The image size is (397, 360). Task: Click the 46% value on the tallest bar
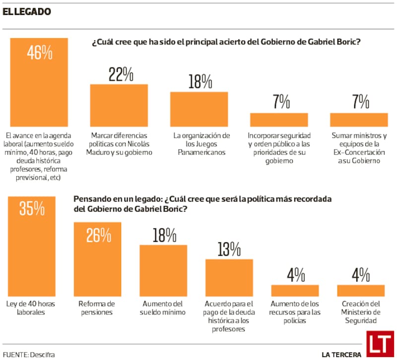tap(40, 53)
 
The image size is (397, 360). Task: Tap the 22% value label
tap(121, 74)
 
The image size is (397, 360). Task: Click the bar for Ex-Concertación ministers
tap(359, 119)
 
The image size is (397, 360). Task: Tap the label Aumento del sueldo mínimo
tap(163, 308)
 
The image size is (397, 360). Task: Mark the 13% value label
tap(229, 249)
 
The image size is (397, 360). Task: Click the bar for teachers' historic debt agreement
tap(229, 278)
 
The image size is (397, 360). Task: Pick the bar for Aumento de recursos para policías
tap(295, 290)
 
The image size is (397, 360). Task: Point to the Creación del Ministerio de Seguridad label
tap(361, 312)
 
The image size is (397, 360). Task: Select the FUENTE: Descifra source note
tap(29, 354)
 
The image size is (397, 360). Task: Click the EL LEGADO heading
tap(27, 11)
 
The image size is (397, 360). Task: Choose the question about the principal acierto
tap(226, 42)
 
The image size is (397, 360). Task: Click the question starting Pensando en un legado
tap(202, 204)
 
